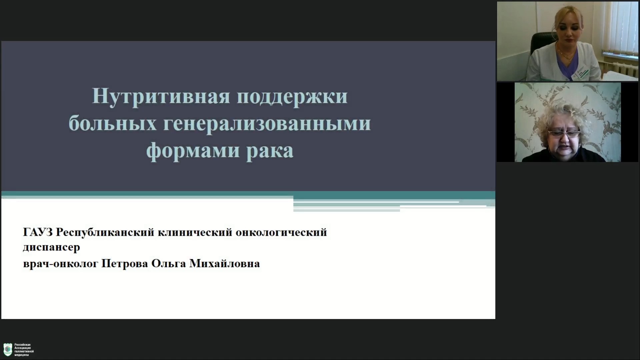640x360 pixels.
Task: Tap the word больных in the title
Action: pos(113,123)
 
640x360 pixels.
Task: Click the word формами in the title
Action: pos(193,151)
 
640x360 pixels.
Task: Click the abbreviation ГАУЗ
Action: pos(38,232)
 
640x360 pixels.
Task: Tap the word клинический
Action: pos(195,232)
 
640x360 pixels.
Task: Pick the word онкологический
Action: pos(281,232)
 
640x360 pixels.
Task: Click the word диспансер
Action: pos(52,247)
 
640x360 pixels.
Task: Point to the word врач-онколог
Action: pos(61,264)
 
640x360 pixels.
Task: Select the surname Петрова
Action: pos(125,264)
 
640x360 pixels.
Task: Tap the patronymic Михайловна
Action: pos(224,263)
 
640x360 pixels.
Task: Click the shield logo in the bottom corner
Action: pos(8,350)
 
